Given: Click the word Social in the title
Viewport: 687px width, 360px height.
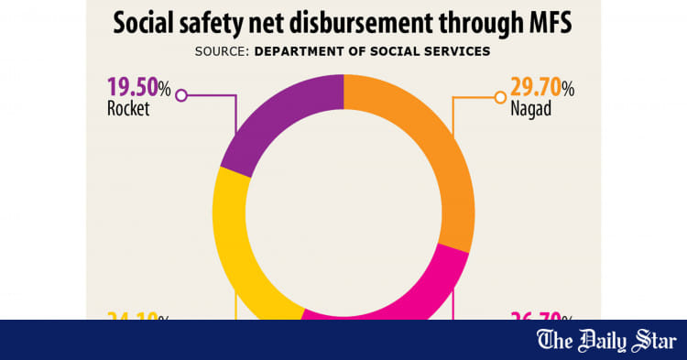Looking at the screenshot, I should tap(147, 23).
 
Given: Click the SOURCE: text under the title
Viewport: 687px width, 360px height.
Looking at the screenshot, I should tap(223, 51).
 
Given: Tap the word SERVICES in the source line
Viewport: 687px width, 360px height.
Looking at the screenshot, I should tap(457, 51).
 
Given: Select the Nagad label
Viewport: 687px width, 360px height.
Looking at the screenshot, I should tap(532, 110).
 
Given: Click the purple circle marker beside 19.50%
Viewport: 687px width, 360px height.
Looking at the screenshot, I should tap(181, 95).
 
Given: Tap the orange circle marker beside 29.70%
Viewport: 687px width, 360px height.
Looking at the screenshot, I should tap(500, 95).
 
